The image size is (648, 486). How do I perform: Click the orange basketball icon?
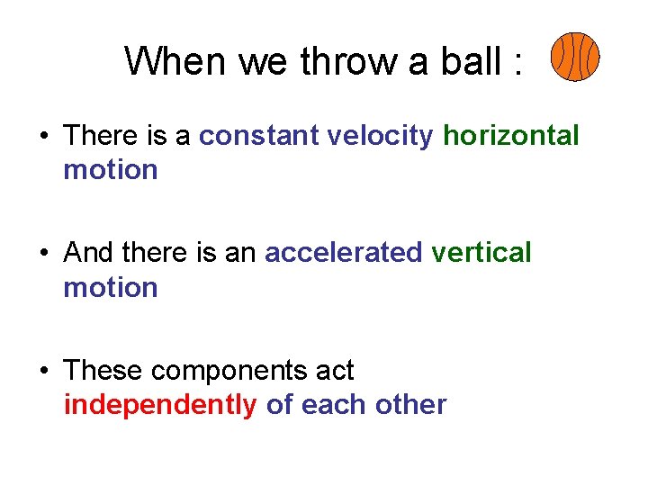574,57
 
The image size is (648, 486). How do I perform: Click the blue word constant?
259,136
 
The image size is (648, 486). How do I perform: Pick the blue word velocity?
381,136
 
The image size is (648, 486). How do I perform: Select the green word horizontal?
511,136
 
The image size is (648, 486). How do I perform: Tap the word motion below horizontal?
110,170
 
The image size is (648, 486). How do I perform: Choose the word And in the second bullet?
88,253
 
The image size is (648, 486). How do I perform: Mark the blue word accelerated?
343,253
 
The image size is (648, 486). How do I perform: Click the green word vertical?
481,253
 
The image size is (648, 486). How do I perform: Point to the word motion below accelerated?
110,288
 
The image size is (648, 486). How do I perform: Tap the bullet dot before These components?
42,372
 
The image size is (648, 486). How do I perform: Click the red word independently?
160,405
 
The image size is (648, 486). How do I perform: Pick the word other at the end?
413,405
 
